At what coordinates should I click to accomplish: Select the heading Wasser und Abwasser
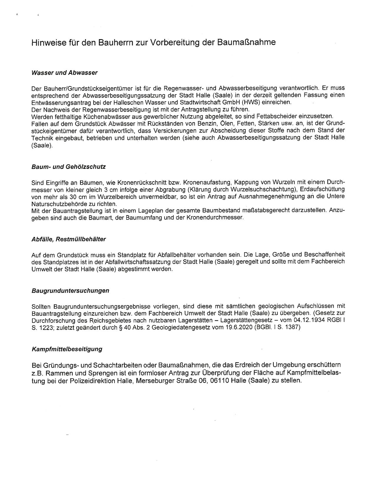[64, 72]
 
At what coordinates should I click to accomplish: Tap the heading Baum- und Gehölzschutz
[68, 167]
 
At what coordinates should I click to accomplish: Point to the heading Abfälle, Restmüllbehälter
[68, 239]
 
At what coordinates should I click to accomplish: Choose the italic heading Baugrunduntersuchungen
[70, 291]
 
